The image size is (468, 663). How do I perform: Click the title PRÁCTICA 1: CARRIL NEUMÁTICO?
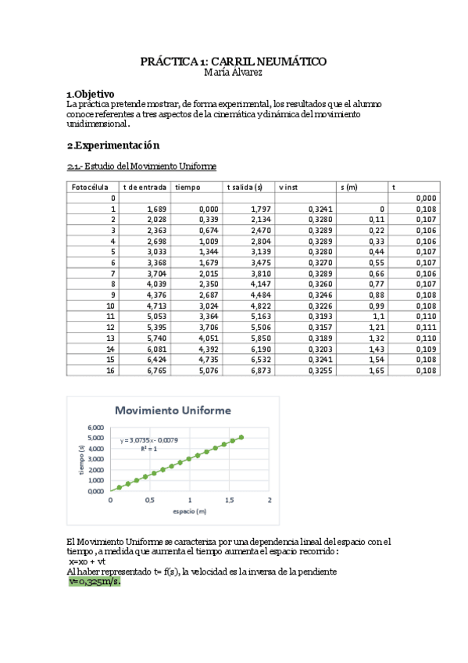click(x=233, y=61)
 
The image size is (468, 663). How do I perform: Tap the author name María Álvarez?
click(x=233, y=72)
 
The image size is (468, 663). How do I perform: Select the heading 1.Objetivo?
click(x=91, y=93)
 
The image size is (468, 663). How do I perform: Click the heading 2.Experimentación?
click(x=113, y=145)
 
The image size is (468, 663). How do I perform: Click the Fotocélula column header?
click(x=89, y=188)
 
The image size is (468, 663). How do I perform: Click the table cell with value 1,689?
click(x=157, y=210)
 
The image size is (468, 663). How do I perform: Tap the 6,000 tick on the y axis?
click(x=95, y=428)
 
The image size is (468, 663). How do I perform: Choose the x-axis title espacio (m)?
click(x=190, y=511)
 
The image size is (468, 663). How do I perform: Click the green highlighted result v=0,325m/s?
click(x=95, y=582)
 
